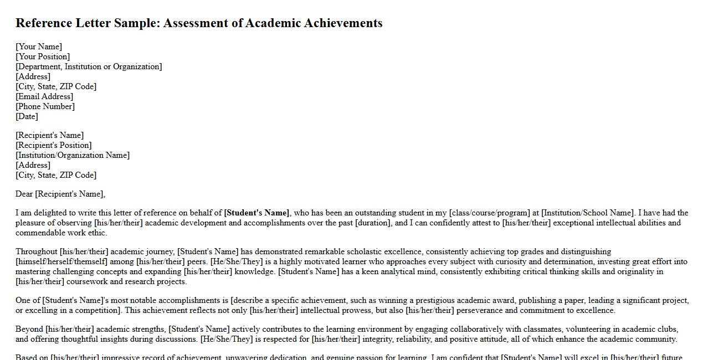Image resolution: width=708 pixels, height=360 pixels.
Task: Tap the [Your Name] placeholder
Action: [x=39, y=47]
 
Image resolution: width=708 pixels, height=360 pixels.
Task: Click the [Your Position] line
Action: [x=43, y=56]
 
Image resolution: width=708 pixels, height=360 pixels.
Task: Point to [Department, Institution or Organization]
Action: [x=89, y=66]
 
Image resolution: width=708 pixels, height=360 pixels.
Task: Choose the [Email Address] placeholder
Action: [x=44, y=96]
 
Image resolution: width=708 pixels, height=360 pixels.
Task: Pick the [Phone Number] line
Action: [x=45, y=106]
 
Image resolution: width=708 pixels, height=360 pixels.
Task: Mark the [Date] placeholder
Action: [x=27, y=116]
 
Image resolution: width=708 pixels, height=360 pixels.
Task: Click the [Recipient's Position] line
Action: [x=54, y=145]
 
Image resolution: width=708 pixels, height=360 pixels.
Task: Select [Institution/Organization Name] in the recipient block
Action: [x=73, y=155]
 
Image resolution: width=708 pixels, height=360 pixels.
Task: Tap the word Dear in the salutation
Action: [x=24, y=194]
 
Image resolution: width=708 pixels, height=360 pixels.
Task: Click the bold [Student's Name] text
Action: [x=257, y=213]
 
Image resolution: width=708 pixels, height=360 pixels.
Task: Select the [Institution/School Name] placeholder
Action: [x=588, y=213]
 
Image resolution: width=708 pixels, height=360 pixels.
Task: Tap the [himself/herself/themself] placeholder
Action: [x=61, y=261]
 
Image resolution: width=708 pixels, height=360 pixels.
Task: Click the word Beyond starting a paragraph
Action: [x=29, y=329]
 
